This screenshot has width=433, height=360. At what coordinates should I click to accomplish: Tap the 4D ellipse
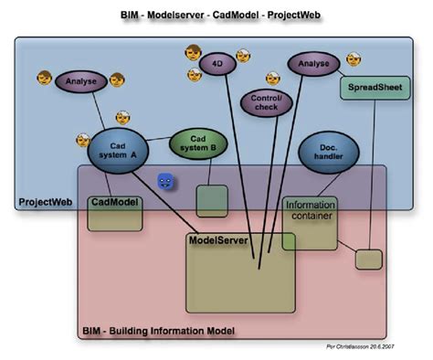216,67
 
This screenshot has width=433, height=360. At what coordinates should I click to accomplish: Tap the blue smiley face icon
165,183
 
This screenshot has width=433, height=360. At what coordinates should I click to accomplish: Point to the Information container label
311,210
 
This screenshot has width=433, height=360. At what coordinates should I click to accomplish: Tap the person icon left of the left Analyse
43,80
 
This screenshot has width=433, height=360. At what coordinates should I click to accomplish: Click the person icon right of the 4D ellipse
243,56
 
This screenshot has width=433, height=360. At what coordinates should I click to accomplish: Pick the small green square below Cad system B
212,200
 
